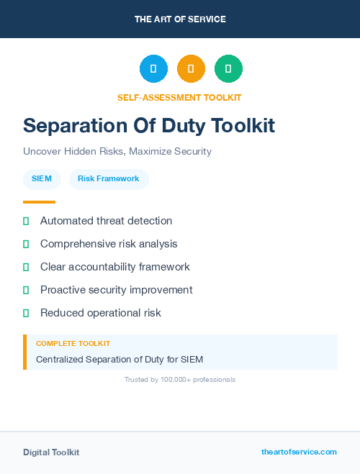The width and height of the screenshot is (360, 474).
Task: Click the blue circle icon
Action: (x=153, y=68)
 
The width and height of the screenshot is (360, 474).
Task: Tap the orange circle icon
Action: (x=191, y=68)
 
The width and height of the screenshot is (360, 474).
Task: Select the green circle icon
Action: (x=228, y=68)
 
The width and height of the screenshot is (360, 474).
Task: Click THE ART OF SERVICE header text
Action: (x=180, y=19)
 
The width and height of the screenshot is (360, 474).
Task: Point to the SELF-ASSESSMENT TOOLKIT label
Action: (x=179, y=97)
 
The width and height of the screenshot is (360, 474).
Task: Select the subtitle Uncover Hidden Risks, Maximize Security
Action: (x=117, y=152)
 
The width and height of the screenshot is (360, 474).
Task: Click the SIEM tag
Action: (x=42, y=178)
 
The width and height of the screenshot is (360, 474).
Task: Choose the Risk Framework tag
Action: (x=109, y=178)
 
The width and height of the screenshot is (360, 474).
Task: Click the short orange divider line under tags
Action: (x=39, y=202)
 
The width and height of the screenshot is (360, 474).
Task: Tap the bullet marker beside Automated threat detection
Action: (x=26, y=221)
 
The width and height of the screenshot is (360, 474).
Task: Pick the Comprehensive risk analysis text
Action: (x=109, y=244)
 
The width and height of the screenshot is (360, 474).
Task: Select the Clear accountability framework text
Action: (x=115, y=267)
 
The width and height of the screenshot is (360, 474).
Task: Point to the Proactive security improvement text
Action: (x=117, y=290)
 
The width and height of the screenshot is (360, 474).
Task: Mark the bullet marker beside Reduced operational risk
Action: (x=26, y=313)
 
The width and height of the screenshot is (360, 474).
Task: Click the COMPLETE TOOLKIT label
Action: (x=73, y=344)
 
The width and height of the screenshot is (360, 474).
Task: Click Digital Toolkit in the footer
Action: (x=51, y=452)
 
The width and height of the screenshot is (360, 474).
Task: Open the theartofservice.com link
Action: (x=299, y=452)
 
